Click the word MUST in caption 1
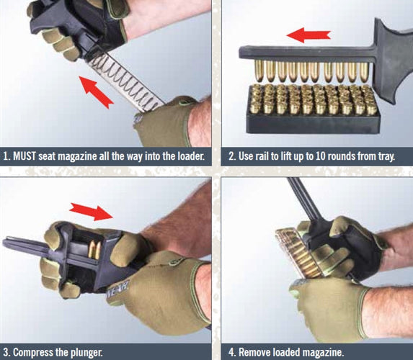click(x=25, y=156)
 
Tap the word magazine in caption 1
click(x=77, y=156)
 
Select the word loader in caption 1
click(x=191, y=156)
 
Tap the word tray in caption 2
click(x=386, y=157)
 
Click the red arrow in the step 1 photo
click(x=97, y=92)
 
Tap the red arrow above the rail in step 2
click(x=308, y=35)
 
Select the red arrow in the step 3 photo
click(x=91, y=212)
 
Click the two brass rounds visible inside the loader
click(x=94, y=249)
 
